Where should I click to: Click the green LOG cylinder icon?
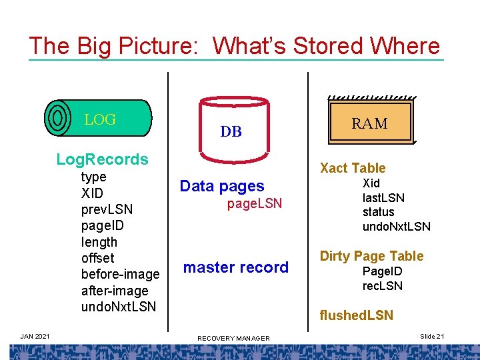[x=99, y=118]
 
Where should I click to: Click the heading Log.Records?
[x=102, y=159]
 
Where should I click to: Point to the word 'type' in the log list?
[x=94, y=177]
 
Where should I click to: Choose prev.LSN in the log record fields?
[x=107, y=209]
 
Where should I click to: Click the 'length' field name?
[x=99, y=242]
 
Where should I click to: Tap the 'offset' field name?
[x=97, y=258]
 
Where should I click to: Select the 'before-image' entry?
[x=120, y=274]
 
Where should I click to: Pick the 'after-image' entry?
[x=115, y=291]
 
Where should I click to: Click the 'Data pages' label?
[x=222, y=187]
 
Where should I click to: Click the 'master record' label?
[x=236, y=267]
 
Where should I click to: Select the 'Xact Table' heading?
[x=353, y=168]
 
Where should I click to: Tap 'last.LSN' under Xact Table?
[x=383, y=197]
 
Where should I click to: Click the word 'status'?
[x=379, y=212]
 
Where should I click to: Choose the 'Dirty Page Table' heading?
[x=371, y=256]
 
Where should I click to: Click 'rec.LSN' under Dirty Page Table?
[x=383, y=286]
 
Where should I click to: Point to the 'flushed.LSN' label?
[x=357, y=315]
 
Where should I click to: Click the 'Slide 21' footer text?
[x=432, y=337]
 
